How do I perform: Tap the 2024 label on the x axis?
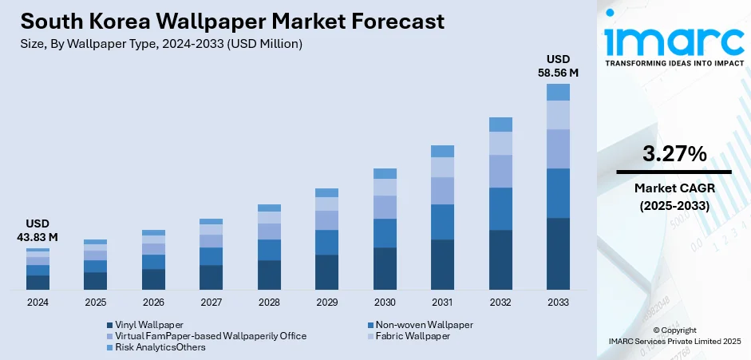[38, 303]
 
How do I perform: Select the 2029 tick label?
[326, 303]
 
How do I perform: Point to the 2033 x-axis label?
[558, 303]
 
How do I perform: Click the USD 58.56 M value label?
[558, 65]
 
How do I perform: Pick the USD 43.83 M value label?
[38, 230]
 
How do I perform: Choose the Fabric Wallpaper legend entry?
[413, 336]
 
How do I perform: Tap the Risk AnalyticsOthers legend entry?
[160, 347]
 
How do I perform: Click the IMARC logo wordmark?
[674, 40]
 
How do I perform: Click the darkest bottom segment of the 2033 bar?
[558, 253]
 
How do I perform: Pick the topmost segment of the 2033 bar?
[558, 92]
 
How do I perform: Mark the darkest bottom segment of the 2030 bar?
[385, 268]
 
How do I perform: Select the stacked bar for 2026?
[153, 259]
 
